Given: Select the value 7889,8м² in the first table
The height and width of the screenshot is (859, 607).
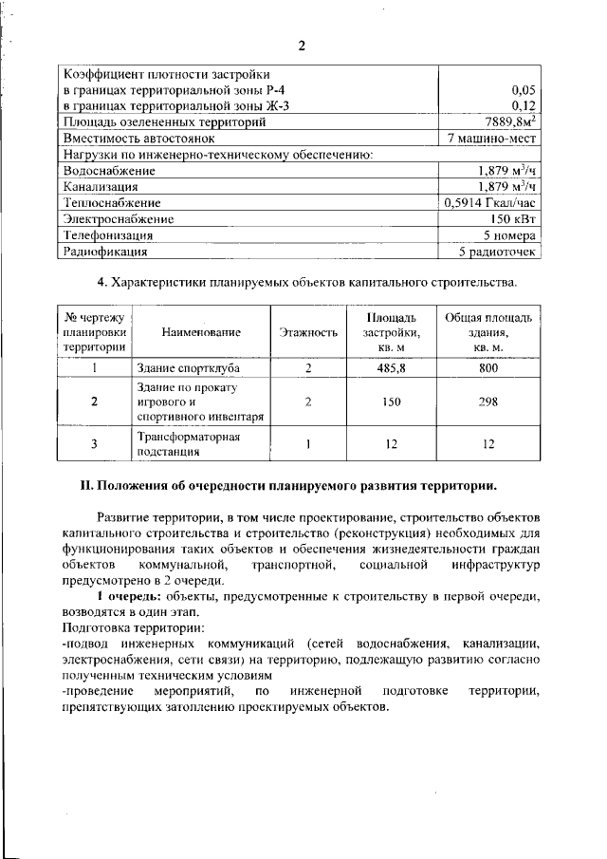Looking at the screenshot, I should pyautogui.click(x=506, y=122).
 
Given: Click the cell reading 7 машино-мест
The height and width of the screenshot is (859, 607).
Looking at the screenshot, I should pyautogui.click(x=492, y=139).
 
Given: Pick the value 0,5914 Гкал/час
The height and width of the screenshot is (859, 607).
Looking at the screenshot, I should pyautogui.click(x=489, y=203).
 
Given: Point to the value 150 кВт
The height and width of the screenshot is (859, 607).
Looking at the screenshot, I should pyautogui.click(x=514, y=219).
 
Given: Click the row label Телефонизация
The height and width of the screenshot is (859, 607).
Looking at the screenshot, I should pyautogui.click(x=107, y=235).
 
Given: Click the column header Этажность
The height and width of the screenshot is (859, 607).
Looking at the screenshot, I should pyautogui.click(x=308, y=332).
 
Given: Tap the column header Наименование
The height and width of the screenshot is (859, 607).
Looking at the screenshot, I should pyautogui.click(x=201, y=332).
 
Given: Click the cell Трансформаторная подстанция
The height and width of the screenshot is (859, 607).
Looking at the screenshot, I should pyautogui.click(x=186, y=444).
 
